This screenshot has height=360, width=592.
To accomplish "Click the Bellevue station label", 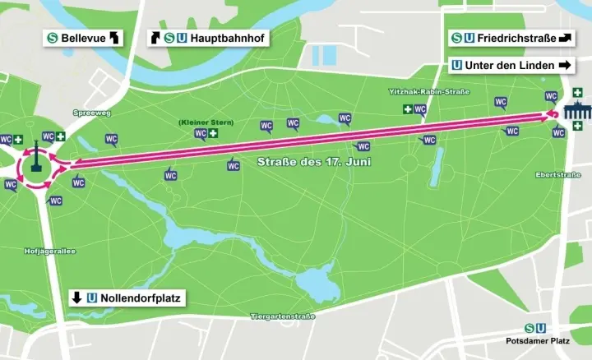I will [83, 38].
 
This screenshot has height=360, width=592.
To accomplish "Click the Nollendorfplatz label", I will [139, 298].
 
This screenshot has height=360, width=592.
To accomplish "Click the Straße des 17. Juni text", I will [314, 162].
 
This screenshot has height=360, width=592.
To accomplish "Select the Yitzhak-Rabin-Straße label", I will [429, 91].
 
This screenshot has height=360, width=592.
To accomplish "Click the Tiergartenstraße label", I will [283, 316].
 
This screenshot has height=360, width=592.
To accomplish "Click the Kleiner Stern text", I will [206, 122].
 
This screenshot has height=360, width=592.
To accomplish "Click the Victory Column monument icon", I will [36, 157].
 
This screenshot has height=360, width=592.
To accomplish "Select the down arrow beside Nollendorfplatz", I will [76, 298].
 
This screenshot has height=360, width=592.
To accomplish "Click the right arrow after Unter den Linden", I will [564, 65].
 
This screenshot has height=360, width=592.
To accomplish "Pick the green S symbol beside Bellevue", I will [53, 38].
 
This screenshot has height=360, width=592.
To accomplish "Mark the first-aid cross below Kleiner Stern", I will [213, 133].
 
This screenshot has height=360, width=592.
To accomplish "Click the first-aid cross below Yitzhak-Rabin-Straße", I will [406, 109].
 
